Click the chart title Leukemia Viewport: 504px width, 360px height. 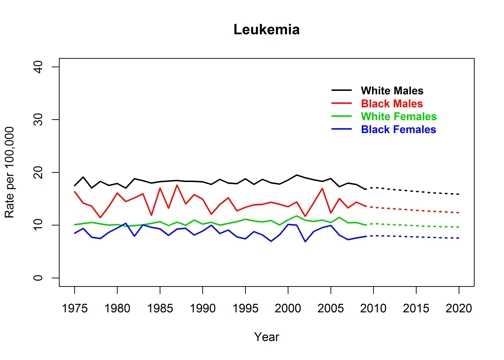tap(266, 30)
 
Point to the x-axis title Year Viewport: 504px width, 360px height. tap(266, 337)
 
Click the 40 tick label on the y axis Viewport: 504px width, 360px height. tap(37, 66)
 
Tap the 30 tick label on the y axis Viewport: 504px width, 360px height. tap(37, 119)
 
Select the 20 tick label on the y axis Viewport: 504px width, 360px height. tap(37, 172)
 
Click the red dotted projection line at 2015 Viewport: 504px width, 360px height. tap(416, 210)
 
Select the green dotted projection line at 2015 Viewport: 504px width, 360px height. tap(416, 225)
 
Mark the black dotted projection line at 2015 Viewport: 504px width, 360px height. tap(416, 191)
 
